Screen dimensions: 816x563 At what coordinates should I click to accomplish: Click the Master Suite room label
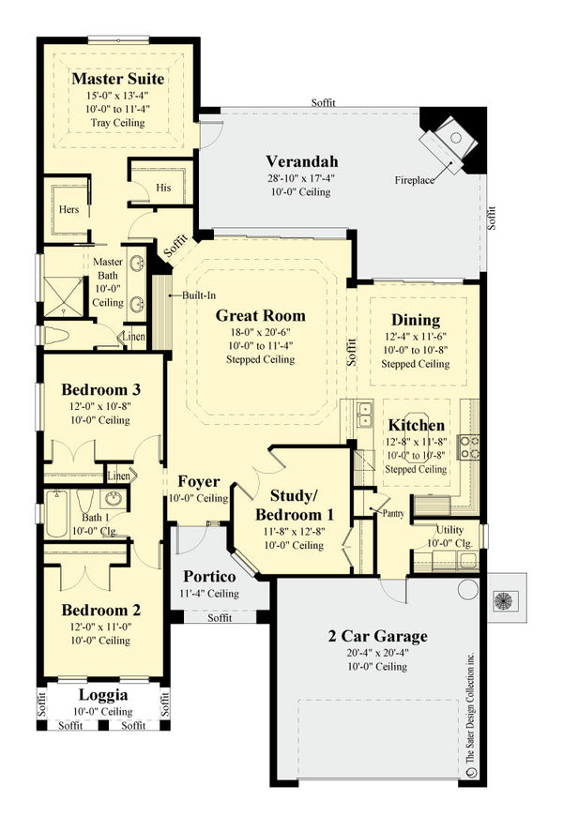pyautogui.click(x=118, y=79)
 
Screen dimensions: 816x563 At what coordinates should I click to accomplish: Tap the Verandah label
pyautogui.click(x=301, y=159)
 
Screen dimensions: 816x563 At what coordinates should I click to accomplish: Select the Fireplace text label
pyautogui.click(x=414, y=180)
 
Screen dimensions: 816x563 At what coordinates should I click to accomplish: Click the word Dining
pyautogui.click(x=416, y=320)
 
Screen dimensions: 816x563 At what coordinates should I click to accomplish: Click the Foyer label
pyautogui.click(x=199, y=482)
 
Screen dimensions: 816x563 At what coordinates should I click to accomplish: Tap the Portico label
pyautogui.click(x=209, y=576)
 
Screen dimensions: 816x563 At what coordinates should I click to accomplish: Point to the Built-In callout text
pyautogui.click(x=195, y=295)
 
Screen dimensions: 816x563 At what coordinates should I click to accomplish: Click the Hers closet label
pyautogui.click(x=69, y=210)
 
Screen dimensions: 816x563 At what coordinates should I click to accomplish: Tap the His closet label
pyautogui.click(x=164, y=188)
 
